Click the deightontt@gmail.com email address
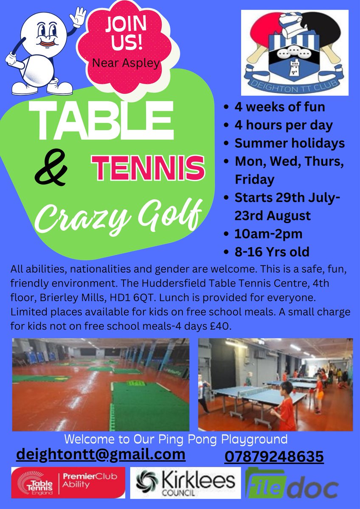(x=101, y=454)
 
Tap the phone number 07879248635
(x=274, y=457)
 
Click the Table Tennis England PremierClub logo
(x=68, y=483)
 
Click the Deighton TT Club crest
(x=295, y=52)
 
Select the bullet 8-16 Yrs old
(x=272, y=252)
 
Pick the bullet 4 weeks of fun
(x=279, y=107)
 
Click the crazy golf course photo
(x=100, y=384)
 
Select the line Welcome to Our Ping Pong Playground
(x=176, y=439)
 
